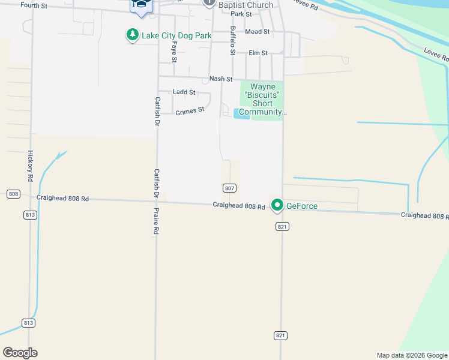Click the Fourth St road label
(34, 5)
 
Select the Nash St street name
(220, 79)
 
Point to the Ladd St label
(184, 92)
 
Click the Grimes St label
(190, 111)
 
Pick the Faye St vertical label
(174, 52)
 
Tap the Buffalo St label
(232, 40)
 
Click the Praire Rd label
(156, 221)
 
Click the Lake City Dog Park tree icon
(132, 35)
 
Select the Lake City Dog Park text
(176, 36)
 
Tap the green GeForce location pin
(277, 206)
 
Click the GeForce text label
(301, 206)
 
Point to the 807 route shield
(229, 188)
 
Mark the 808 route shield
(13, 194)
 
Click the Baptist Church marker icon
(209, 3)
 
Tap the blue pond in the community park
(241, 113)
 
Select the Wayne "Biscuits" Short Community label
(262, 99)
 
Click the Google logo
(20, 353)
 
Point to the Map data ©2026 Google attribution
(411, 355)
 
